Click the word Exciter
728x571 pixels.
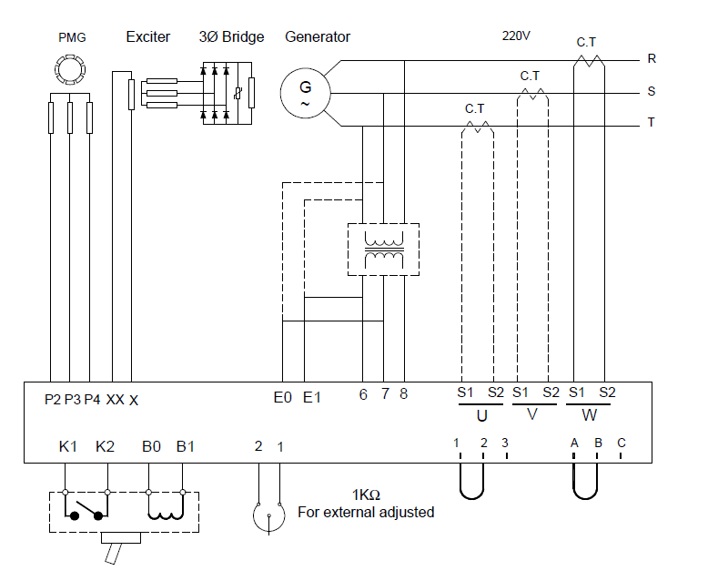coord(147,36)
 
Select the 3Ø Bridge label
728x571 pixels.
coord(231,36)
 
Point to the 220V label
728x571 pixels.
coord(516,36)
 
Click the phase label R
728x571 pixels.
coord(652,59)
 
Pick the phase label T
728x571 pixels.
coord(652,122)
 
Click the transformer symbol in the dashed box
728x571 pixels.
coord(383,250)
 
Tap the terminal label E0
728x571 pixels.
coord(282,398)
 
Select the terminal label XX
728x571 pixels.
coord(116,400)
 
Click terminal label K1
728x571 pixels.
coord(67,446)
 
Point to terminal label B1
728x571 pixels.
coord(186,446)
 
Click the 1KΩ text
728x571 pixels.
coord(366,495)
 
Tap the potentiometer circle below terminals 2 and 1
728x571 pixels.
coord(254,515)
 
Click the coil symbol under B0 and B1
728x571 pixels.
coord(166,514)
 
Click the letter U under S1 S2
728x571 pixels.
coord(482,416)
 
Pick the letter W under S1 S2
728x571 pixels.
coord(589,415)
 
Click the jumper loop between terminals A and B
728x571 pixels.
coord(585,497)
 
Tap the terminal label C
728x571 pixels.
coord(622,443)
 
